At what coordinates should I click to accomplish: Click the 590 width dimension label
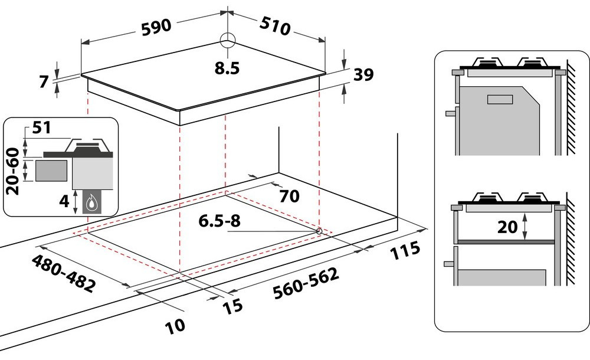156,27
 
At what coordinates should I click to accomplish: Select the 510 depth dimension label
275,26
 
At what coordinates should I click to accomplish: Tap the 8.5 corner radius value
227,68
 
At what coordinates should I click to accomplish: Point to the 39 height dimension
363,74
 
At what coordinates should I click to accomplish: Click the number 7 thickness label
44,81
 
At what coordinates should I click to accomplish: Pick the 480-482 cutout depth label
63,273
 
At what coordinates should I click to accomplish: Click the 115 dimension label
405,250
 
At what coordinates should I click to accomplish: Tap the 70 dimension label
289,196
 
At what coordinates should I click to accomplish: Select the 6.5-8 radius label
219,221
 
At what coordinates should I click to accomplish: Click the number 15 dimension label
232,306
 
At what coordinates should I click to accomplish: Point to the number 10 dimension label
175,326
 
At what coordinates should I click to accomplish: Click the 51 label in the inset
41,127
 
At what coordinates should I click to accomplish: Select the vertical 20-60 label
13,171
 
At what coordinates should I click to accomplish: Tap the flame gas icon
91,204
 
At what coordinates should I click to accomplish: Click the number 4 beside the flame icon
64,201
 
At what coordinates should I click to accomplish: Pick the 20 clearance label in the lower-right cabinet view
507,227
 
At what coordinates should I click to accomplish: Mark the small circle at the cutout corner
319,231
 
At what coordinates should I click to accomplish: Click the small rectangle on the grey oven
500,99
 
